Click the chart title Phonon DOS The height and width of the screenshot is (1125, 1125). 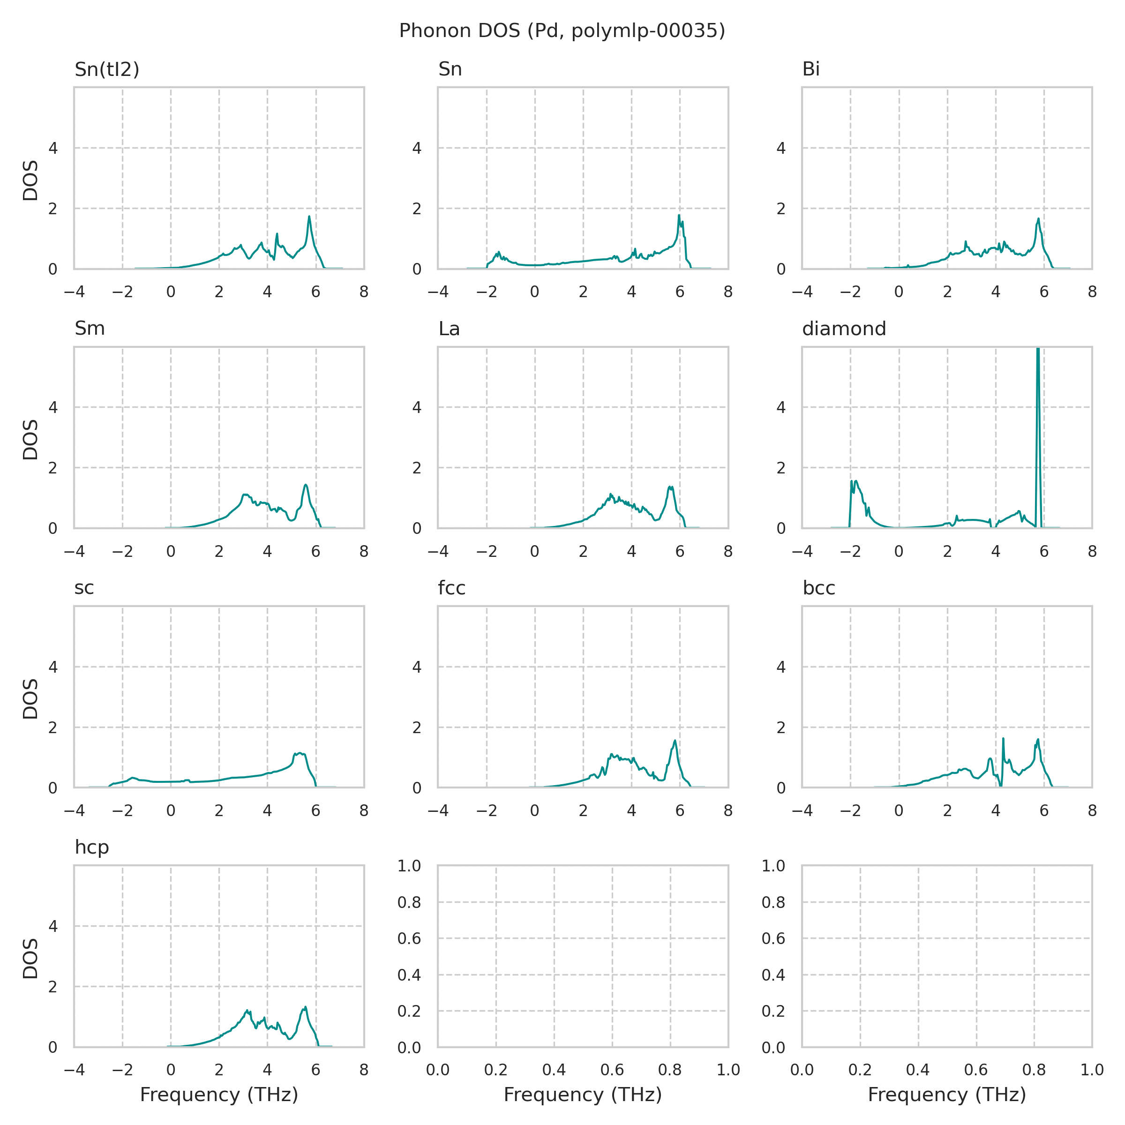tap(562, 31)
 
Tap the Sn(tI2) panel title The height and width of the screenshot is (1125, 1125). tap(107, 69)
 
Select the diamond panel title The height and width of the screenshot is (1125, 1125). tap(844, 329)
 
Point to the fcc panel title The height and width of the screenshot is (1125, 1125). tap(452, 588)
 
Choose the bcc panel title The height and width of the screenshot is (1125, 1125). tap(819, 588)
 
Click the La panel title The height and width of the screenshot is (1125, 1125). tap(449, 329)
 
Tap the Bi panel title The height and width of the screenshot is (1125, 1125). tap(810, 69)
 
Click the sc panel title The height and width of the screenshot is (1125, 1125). tap(84, 588)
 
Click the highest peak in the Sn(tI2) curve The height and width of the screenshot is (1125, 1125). tap(309, 217)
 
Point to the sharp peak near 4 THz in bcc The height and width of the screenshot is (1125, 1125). tap(1003, 739)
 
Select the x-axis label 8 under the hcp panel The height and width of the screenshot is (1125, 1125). tap(364, 1070)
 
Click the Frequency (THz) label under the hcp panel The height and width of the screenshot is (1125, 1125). tap(219, 1095)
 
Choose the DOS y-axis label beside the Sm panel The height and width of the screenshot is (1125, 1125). tap(30, 440)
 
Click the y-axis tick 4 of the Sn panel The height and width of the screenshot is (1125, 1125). tap(417, 148)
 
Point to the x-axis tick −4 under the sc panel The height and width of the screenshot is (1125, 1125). tap(74, 810)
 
